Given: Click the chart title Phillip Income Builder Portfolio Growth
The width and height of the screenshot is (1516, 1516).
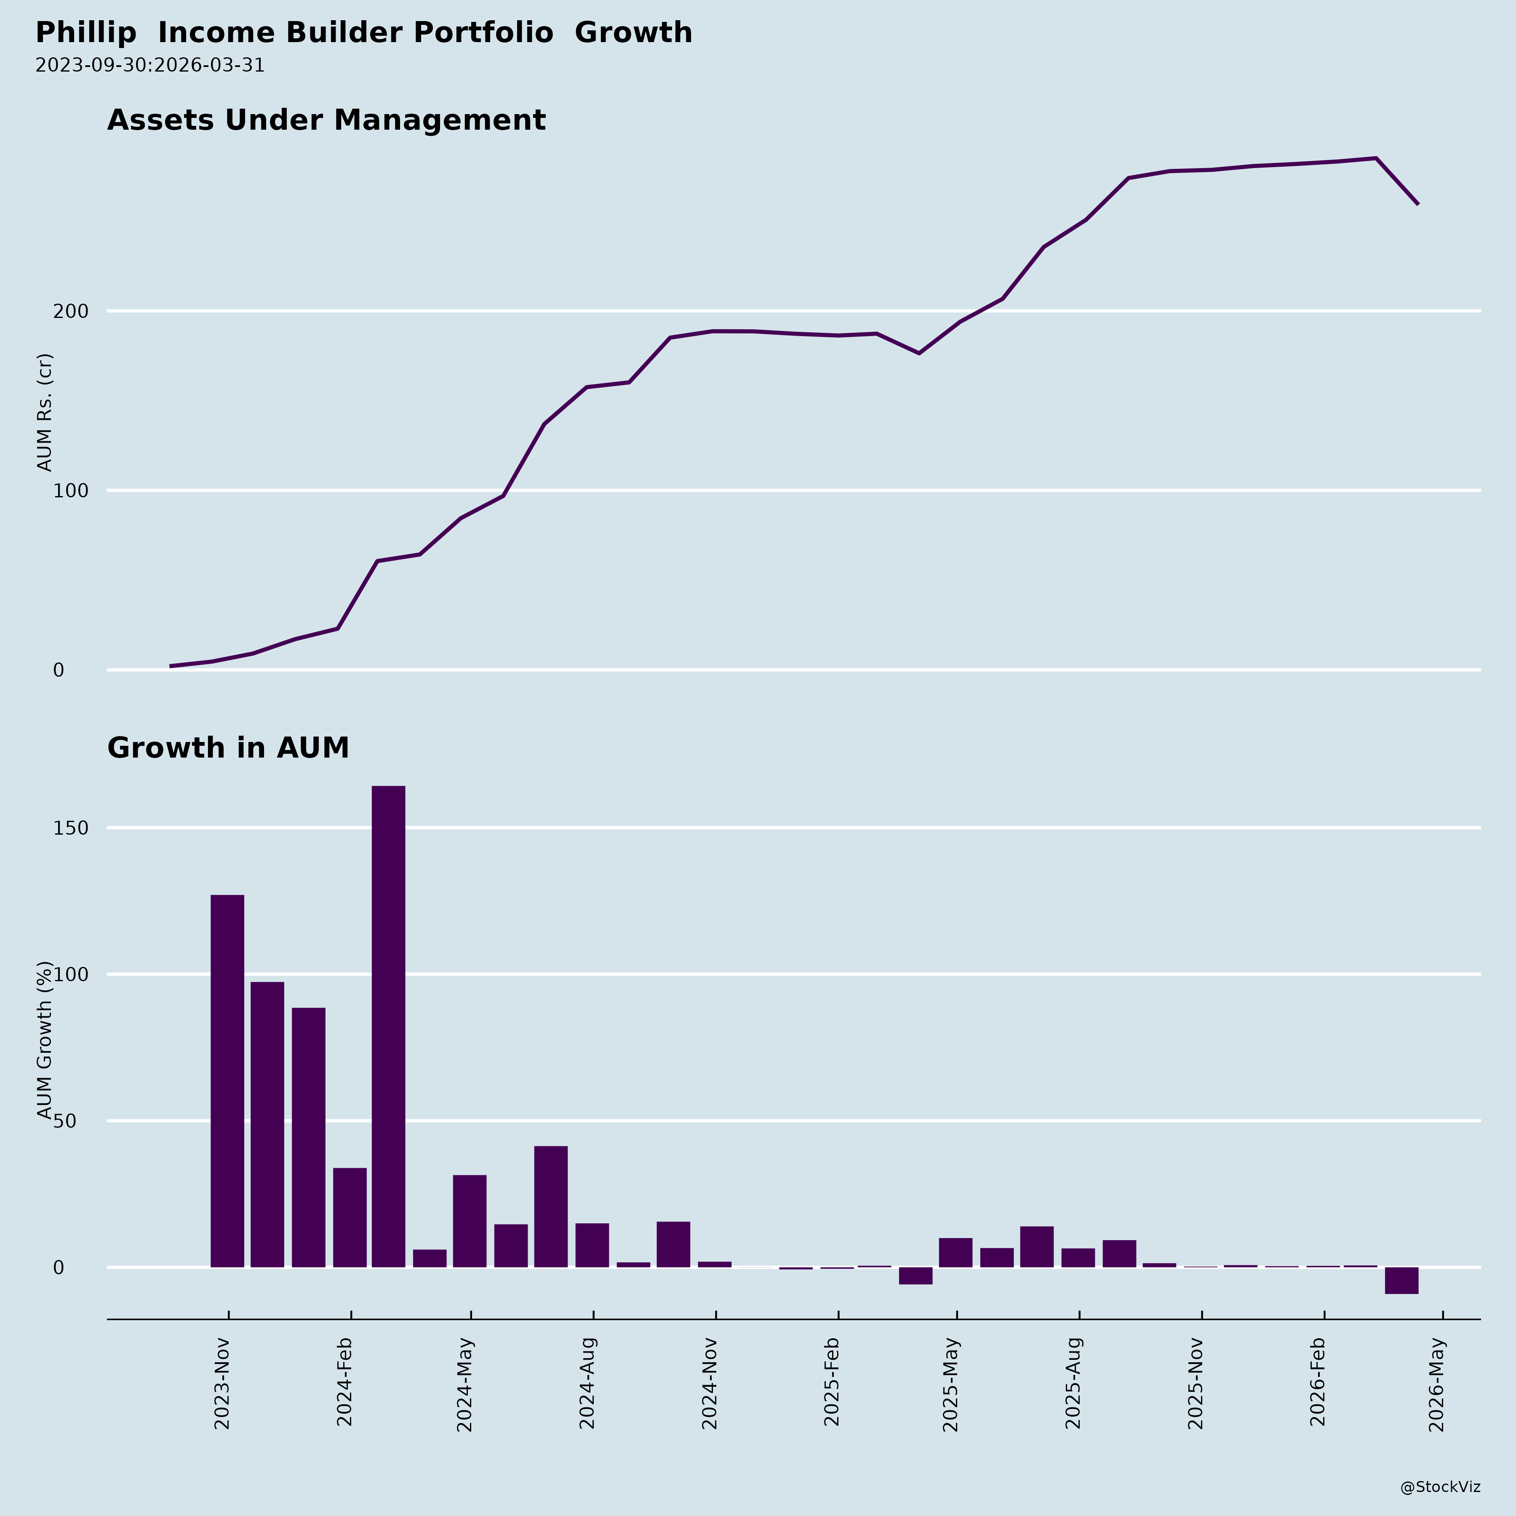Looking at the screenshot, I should (x=363, y=33).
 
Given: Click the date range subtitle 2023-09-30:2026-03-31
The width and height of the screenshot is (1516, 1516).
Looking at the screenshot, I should (x=150, y=65).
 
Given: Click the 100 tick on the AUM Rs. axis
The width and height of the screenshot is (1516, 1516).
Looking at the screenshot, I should (x=71, y=491).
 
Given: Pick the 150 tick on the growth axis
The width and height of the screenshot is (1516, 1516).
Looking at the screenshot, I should (x=71, y=828).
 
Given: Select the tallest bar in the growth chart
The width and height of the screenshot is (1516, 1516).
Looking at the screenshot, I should (x=388, y=1026).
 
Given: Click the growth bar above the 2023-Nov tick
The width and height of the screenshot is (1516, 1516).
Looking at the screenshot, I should (x=227, y=1081).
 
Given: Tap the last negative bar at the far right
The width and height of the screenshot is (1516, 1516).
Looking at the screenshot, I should (x=1401, y=1281).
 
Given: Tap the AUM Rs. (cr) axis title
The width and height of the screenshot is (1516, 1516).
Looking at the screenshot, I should (x=45, y=412).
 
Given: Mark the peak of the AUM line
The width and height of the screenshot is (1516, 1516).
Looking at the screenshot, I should (x=1375, y=158).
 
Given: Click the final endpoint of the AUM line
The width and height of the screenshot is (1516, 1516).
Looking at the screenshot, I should (x=1418, y=204).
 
